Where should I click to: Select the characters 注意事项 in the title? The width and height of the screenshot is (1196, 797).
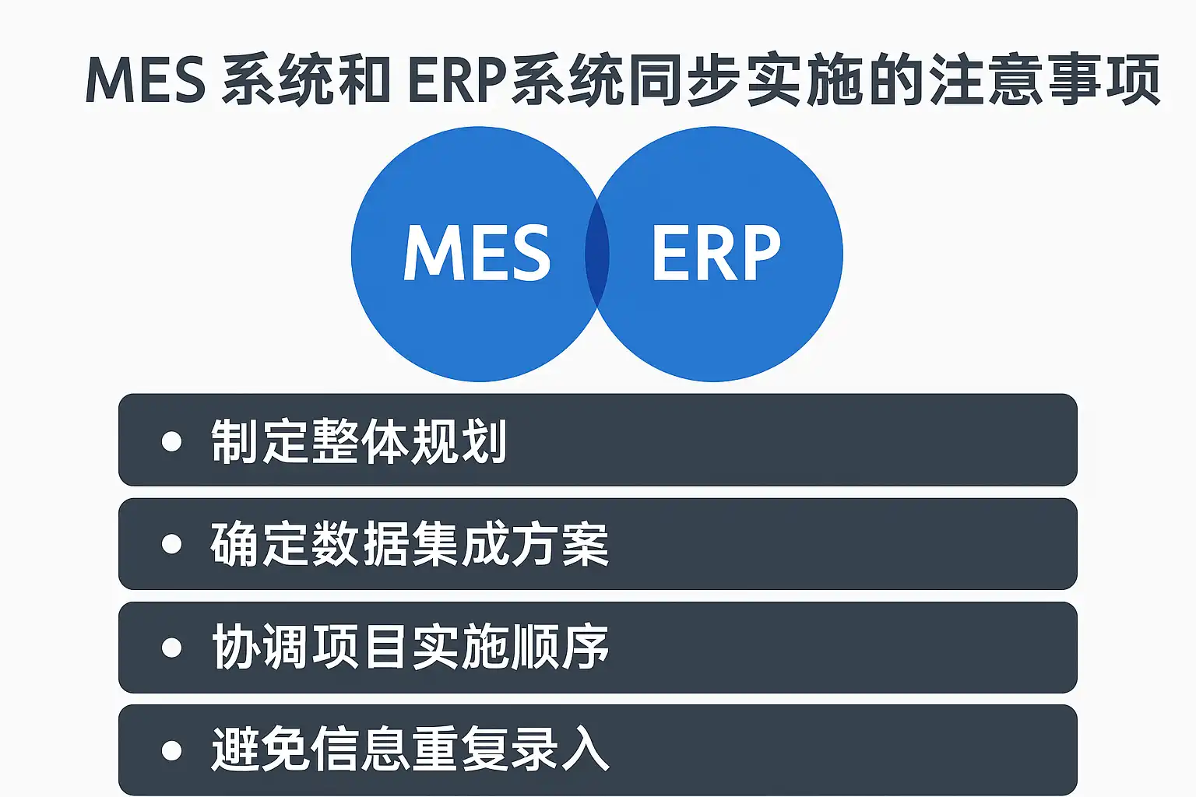click(x=1045, y=81)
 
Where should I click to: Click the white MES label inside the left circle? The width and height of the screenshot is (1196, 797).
click(x=477, y=252)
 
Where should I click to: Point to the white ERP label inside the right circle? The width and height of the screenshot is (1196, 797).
click(x=716, y=252)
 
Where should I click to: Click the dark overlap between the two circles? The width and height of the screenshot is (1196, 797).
click(x=597, y=254)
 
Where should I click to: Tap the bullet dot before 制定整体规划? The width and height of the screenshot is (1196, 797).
click(x=171, y=441)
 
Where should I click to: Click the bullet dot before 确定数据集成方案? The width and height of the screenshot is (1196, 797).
click(x=171, y=544)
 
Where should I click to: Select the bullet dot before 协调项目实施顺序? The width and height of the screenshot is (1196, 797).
click(x=171, y=648)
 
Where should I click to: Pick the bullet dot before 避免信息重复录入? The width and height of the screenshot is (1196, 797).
click(x=171, y=750)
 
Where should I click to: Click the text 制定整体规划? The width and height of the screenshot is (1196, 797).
click(x=359, y=441)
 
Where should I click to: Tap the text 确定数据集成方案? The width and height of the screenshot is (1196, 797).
click(x=410, y=544)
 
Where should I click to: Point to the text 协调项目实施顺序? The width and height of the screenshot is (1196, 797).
click(x=410, y=648)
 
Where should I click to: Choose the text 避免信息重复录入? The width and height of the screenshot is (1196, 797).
click(x=410, y=750)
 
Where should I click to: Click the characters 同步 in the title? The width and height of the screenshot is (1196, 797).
click(x=684, y=81)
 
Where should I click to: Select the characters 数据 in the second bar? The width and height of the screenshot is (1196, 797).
click(x=359, y=544)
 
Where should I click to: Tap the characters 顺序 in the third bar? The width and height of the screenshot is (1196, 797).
click(x=560, y=648)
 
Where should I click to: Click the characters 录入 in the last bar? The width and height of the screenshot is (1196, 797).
click(x=560, y=750)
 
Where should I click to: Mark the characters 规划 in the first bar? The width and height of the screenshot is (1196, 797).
click(x=458, y=441)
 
